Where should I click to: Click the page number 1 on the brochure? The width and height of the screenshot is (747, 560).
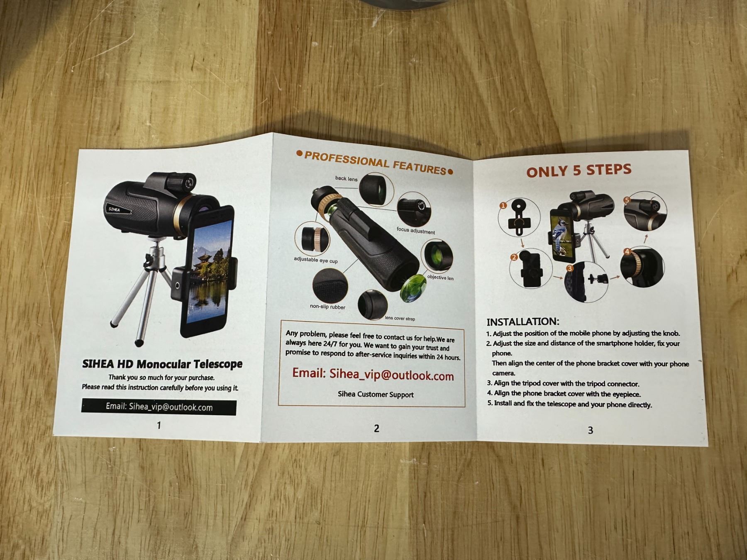coord(159,425)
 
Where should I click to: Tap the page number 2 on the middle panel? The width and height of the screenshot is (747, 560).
coord(376,429)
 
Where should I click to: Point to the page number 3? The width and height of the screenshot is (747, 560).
coord(590,431)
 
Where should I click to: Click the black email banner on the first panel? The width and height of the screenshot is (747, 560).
coord(159,407)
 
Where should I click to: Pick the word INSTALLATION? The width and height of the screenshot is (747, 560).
coord(523,321)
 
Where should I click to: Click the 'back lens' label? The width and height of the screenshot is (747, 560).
coord(346,178)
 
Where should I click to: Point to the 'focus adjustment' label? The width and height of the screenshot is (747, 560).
coord(416,231)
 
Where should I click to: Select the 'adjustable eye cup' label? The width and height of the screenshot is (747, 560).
coord(316,260)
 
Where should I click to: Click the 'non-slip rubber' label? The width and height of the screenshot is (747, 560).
coord(327,307)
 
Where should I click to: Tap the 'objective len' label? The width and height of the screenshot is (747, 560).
coord(440,278)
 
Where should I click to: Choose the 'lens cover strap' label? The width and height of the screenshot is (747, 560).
coord(400,318)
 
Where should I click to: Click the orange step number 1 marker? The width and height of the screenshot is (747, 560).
coord(503,205)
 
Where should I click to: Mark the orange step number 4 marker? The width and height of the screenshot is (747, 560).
coord(627,251)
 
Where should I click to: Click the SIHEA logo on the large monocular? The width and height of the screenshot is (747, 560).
coord(114,209)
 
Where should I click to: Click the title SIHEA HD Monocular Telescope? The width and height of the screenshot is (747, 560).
coord(162,364)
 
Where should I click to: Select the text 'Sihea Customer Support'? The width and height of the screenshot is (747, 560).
coord(376,394)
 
